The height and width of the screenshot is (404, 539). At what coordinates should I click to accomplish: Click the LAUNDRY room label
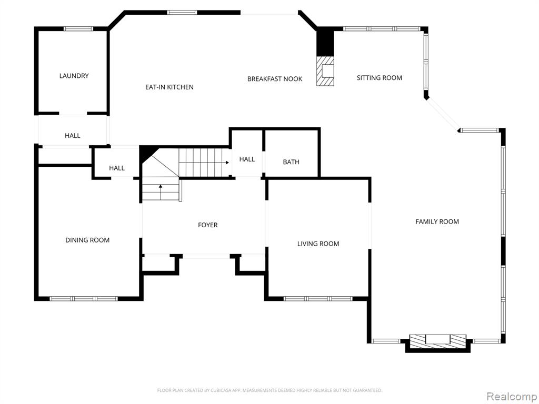74,76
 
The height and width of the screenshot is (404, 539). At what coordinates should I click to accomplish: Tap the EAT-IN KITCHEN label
169,87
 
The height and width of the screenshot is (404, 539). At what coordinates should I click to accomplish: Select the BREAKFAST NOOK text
275,79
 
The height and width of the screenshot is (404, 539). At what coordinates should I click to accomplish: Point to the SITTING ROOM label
379,78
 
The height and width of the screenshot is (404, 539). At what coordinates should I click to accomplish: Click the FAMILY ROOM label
437,222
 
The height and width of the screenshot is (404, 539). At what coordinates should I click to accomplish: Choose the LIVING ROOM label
318,244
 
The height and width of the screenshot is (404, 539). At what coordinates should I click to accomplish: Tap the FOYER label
207,225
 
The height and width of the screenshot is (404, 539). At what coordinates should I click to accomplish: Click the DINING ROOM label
87,240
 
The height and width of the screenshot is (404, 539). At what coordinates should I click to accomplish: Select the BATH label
291,162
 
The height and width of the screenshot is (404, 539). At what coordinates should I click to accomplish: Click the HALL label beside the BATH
247,159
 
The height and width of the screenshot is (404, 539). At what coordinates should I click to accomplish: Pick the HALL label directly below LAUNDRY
73,136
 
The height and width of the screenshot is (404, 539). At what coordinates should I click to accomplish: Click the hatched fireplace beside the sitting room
325,71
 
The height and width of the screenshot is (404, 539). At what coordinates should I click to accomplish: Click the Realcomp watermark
512,396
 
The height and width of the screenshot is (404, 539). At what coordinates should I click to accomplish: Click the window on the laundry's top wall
78,29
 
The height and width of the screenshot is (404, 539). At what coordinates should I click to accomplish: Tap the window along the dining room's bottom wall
84,299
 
